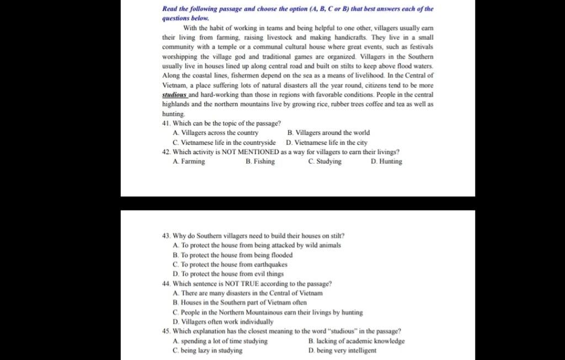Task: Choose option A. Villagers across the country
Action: [215, 133]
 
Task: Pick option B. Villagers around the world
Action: [329, 133]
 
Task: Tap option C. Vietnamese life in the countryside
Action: [224, 142]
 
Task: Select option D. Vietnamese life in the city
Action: [327, 142]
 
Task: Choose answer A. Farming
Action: [189, 162]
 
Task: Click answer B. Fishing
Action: [260, 162]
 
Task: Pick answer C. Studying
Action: [325, 162]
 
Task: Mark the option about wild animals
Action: [257, 245]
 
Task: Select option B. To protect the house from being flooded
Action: [232, 255]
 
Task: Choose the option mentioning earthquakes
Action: [230, 265]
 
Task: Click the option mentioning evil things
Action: [228, 274]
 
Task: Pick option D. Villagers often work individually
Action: [223, 321]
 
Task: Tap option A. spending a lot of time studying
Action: [220, 341]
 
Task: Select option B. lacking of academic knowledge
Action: [356, 341]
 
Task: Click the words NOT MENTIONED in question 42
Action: [250, 152]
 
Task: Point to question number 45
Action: [166, 331]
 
